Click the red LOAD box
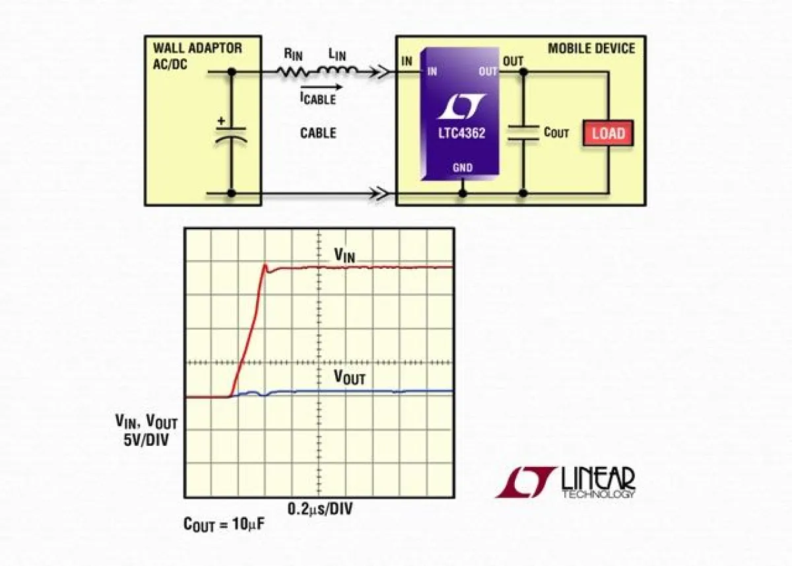[x=607, y=133]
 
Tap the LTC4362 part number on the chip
[x=461, y=133]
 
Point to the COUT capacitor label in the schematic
[x=556, y=132]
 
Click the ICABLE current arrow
[x=321, y=87]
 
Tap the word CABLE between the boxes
[x=318, y=133]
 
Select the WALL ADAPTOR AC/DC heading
[x=197, y=54]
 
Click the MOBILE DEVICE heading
[x=591, y=48]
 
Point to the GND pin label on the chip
[x=462, y=168]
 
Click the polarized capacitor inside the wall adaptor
[x=231, y=131]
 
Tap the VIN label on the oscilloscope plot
[x=344, y=256]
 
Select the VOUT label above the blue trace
[x=349, y=378]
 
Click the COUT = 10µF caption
[x=225, y=526]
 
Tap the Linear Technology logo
[x=565, y=482]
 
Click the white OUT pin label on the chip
[x=488, y=71]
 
